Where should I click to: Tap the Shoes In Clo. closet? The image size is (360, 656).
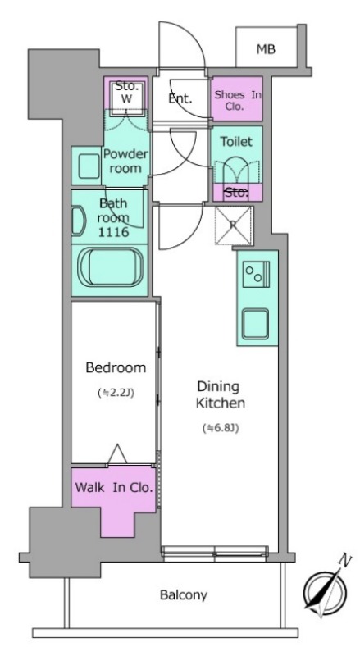click(x=236, y=98)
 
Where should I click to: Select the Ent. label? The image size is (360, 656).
click(x=180, y=98)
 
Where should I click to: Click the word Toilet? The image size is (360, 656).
click(x=236, y=142)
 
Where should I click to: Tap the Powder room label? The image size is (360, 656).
click(x=125, y=161)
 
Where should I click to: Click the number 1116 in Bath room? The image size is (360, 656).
click(x=114, y=232)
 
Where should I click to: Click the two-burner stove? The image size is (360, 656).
click(x=256, y=274)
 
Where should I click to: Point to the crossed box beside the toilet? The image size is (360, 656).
click(x=234, y=225)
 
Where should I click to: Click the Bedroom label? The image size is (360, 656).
click(x=116, y=368)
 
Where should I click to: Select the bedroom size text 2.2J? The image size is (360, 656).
click(x=116, y=393)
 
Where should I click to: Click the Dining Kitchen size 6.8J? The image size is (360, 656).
click(x=221, y=428)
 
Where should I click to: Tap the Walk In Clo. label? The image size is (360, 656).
click(x=113, y=487)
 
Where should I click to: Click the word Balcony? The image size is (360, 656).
click(x=184, y=595)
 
